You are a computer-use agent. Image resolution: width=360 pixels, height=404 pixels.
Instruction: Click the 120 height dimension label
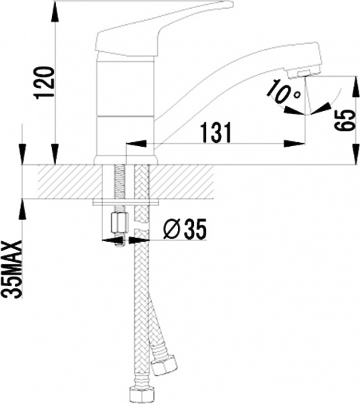point(45,81)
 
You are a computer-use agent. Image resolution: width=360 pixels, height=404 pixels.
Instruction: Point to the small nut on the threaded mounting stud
point(119,222)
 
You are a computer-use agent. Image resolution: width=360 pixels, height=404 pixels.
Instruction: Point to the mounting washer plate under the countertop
point(126,202)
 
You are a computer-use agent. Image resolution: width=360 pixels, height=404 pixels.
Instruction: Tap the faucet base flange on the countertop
point(126,159)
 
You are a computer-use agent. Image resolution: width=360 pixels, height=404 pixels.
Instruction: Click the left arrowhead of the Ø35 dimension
point(108,238)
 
